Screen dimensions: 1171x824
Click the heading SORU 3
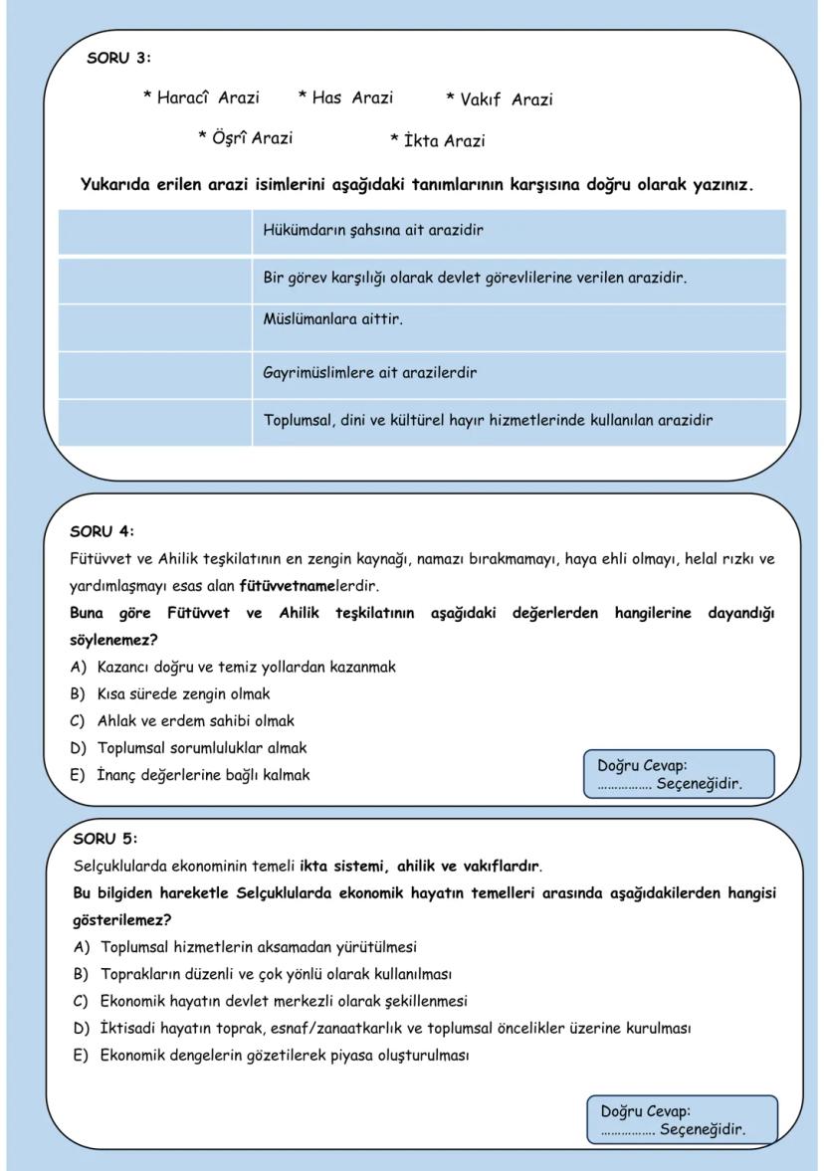pyautogui.click(x=118, y=58)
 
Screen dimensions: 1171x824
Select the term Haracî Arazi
pyautogui.click(x=201, y=98)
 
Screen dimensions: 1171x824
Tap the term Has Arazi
pyautogui.click(x=345, y=98)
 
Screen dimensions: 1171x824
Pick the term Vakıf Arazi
pyautogui.click(x=500, y=99)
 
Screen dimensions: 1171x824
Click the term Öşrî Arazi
pyautogui.click(x=246, y=137)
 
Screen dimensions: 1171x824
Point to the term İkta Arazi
pyautogui.click(x=438, y=140)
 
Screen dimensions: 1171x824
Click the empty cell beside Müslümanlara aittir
pyautogui.click(x=154, y=326)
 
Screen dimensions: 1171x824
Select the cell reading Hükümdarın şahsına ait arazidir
pyautogui.click(x=518, y=231)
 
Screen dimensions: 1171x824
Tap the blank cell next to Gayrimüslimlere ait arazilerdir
pyautogui.click(x=154, y=374)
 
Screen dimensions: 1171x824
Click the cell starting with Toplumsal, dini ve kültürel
pyautogui.click(x=518, y=421)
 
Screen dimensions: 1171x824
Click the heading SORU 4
pyautogui.click(x=102, y=530)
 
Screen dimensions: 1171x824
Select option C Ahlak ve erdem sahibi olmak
pyautogui.click(x=195, y=720)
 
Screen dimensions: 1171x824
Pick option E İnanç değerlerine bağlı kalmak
pyautogui.click(x=202, y=774)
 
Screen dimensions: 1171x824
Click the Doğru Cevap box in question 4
pyautogui.click(x=678, y=775)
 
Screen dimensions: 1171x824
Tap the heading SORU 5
pyautogui.click(x=105, y=838)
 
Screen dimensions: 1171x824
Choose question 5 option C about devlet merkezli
pyautogui.click(x=283, y=1001)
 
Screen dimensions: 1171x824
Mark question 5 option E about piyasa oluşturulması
pyautogui.click(x=284, y=1055)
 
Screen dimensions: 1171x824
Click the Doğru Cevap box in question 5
pyautogui.click(x=682, y=1120)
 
